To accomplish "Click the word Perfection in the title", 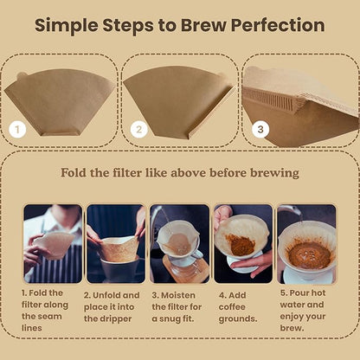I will [275, 24].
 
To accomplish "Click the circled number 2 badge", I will [138, 131].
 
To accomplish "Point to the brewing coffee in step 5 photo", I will [308, 253].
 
